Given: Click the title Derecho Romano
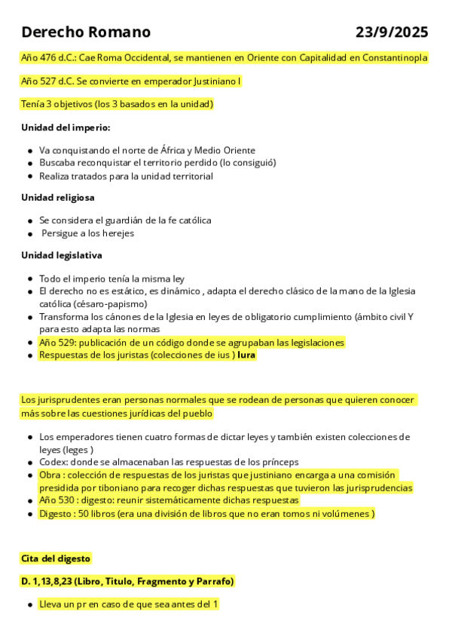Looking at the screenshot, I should [x=86, y=32].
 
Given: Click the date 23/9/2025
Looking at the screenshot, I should [x=392, y=32].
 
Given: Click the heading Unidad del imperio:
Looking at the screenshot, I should [x=66, y=127].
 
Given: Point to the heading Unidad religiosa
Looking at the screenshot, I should [x=58, y=197].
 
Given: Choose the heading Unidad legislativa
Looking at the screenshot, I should [x=62, y=255].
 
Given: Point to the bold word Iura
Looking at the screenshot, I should [x=246, y=355].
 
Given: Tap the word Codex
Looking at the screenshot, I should [x=53, y=462].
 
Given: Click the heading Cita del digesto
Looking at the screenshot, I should [x=56, y=558].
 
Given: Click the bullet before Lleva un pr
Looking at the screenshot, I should [x=29, y=605].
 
